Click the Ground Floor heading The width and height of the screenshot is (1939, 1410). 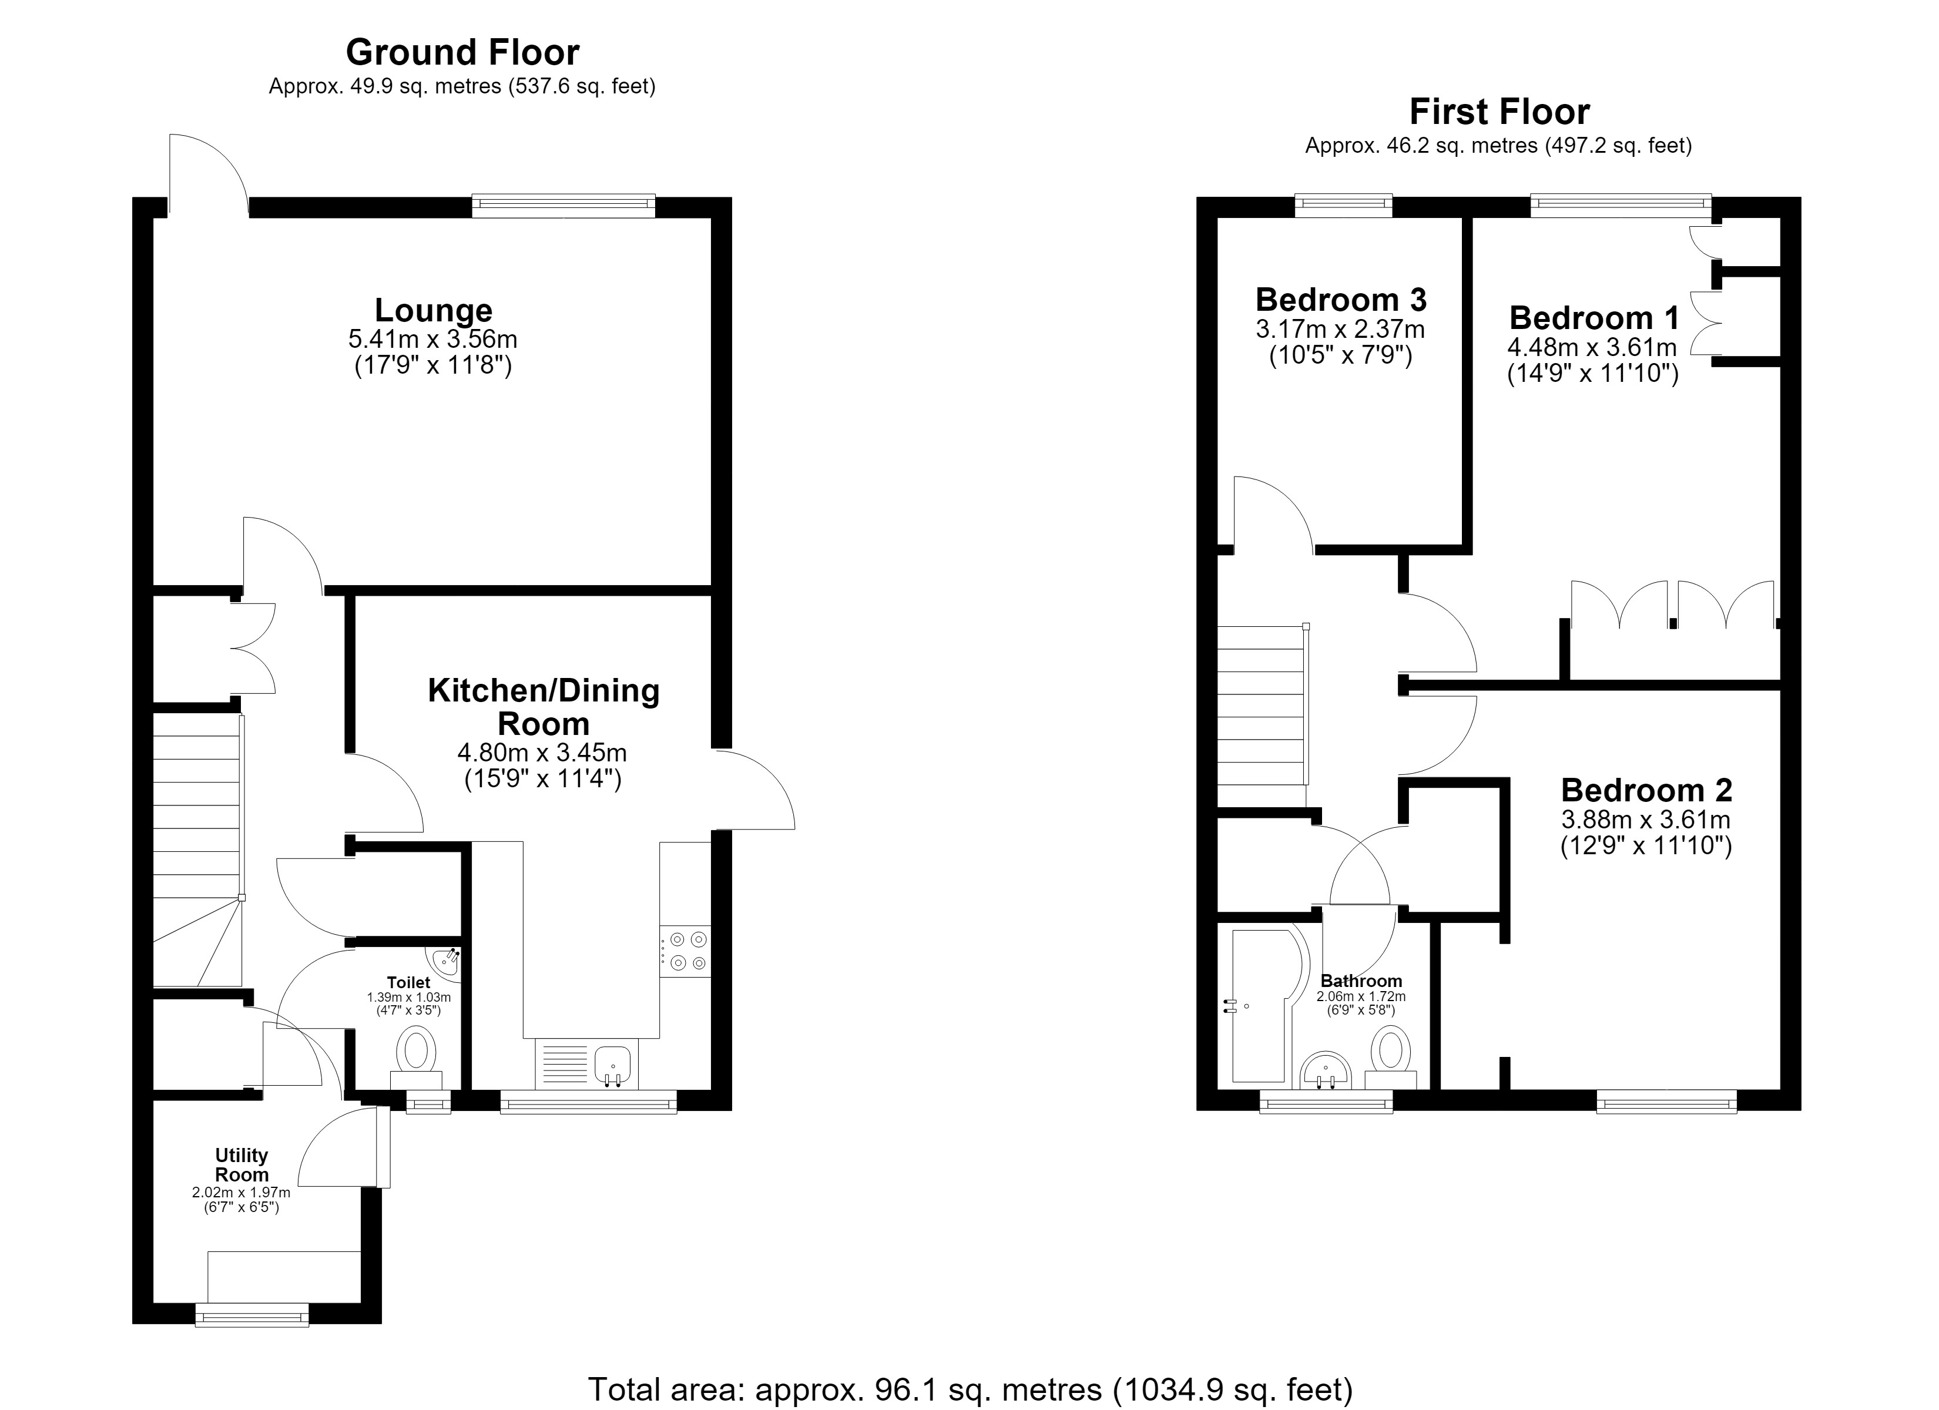(462, 53)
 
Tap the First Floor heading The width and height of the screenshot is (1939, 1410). (1499, 112)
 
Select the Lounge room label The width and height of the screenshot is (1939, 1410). (434, 310)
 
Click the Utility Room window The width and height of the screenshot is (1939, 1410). (251, 1314)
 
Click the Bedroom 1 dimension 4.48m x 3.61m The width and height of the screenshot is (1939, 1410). (1592, 348)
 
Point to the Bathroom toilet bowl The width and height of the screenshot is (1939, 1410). (1390, 1057)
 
